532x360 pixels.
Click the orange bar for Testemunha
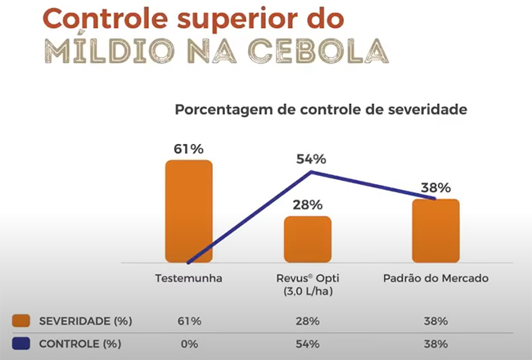(188, 210)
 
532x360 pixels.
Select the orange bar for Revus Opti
(307, 239)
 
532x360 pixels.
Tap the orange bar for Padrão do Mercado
(435, 230)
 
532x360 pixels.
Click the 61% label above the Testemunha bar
(188, 149)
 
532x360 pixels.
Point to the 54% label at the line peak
(311, 159)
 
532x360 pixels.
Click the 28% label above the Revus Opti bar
(307, 205)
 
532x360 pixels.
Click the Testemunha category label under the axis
(188, 278)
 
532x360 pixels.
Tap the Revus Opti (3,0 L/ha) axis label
(308, 284)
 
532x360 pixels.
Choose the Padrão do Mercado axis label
(435, 278)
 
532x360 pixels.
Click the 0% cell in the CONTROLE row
(188, 344)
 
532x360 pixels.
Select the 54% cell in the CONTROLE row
(308, 344)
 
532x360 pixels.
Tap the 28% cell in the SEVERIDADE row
(308, 320)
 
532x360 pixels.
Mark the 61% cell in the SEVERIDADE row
(188, 320)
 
